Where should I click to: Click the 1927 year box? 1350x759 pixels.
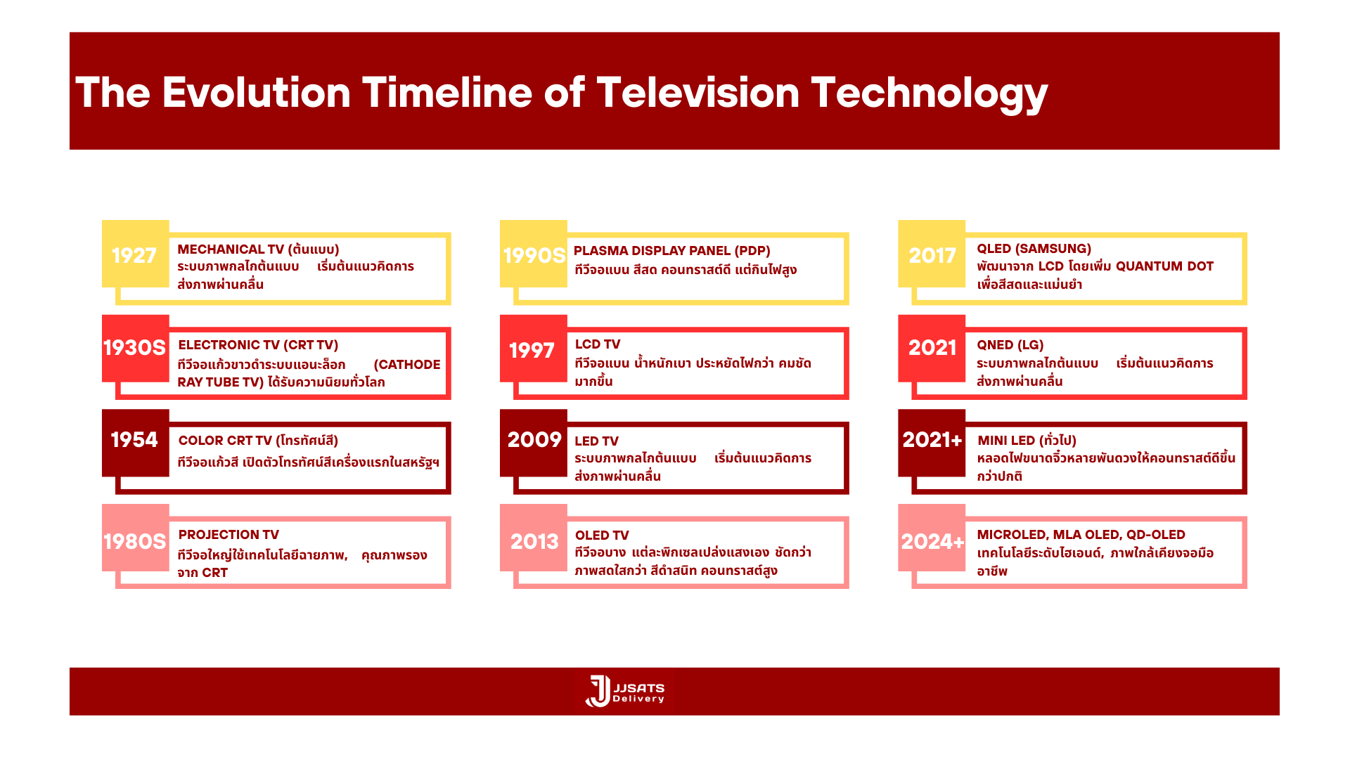pyautogui.click(x=136, y=254)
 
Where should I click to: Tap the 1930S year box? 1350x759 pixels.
pyautogui.click(x=136, y=349)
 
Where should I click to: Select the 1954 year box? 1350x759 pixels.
pyautogui.click(x=136, y=443)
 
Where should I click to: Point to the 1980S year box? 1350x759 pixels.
pyautogui.click(x=136, y=538)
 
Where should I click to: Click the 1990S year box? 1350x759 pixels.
pyautogui.click(x=534, y=254)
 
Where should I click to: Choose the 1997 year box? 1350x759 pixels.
pyautogui.click(x=534, y=349)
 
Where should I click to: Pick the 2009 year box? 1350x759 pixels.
pyautogui.click(x=534, y=443)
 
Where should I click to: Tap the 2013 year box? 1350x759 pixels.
pyautogui.click(x=534, y=538)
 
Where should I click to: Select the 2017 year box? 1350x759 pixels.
pyautogui.click(x=932, y=254)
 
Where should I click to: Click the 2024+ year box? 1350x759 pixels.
pyautogui.click(x=932, y=538)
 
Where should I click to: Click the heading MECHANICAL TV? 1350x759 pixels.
pyautogui.click(x=231, y=249)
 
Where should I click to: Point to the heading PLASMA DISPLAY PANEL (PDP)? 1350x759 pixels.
pyautogui.click(x=672, y=251)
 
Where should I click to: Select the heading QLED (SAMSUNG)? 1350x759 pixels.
pyautogui.click(x=1034, y=249)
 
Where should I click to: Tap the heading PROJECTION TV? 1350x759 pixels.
pyautogui.click(x=229, y=535)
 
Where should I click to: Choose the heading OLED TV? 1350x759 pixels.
pyautogui.click(x=602, y=536)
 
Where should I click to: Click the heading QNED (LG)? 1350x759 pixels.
pyautogui.click(x=1010, y=345)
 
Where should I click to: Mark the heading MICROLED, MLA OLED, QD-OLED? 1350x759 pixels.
pyautogui.click(x=1081, y=535)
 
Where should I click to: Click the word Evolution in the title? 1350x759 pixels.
pyautogui.click(x=257, y=93)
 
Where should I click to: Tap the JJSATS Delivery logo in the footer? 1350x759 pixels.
pyautogui.click(x=625, y=692)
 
